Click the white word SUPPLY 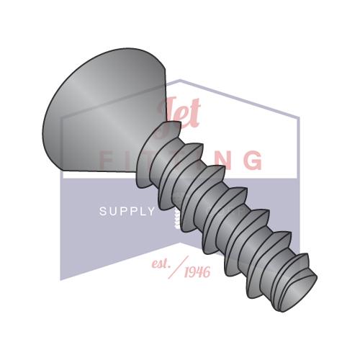[127, 212]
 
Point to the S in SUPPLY [102, 212]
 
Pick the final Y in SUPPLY [150, 212]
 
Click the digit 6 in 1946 [211, 272]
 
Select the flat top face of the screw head [94, 108]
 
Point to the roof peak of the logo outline [180, 81]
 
